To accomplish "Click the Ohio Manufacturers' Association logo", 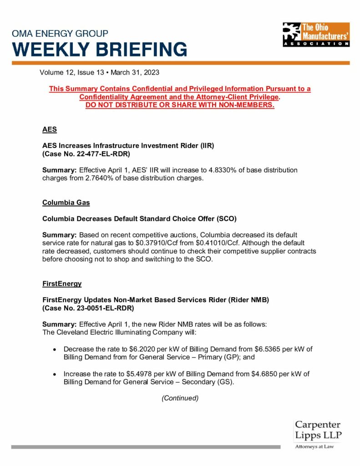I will pos(316,35).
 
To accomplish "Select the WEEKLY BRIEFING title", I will pos(100,49).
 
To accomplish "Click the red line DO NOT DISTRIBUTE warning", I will pos(180,105).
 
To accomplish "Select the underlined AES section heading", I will pos(50,129).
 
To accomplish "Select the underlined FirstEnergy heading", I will pos(62,284).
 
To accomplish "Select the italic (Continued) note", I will pos(180,398).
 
